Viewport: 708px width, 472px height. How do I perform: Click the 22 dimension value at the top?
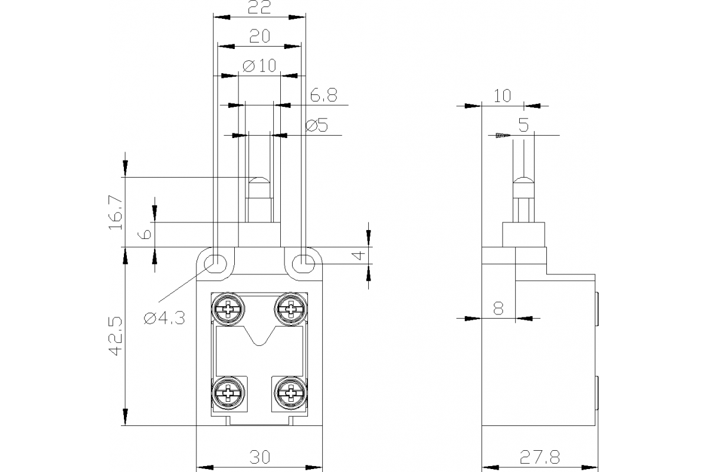point(260,8)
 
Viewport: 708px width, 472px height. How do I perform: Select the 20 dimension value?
point(260,37)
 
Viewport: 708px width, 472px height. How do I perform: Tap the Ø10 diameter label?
point(259,65)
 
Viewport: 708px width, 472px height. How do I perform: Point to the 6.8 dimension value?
point(323,96)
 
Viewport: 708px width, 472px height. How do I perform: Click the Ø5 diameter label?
point(317,125)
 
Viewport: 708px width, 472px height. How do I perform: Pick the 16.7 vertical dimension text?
point(116,212)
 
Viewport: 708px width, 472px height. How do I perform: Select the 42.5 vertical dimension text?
point(116,336)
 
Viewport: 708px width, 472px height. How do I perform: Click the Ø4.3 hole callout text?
point(165,319)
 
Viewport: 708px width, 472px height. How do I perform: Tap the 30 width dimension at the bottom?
point(260,458)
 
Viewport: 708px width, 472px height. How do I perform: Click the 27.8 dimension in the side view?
point(539,458)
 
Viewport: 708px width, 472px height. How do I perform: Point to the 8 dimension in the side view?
point(499,309)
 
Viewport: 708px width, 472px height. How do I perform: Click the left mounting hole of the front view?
point(216,261)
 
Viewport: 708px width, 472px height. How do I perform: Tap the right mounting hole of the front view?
point(303,261)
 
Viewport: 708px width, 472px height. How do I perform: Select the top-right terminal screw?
point(290,307)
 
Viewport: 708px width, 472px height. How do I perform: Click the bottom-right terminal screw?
point(290,392)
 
